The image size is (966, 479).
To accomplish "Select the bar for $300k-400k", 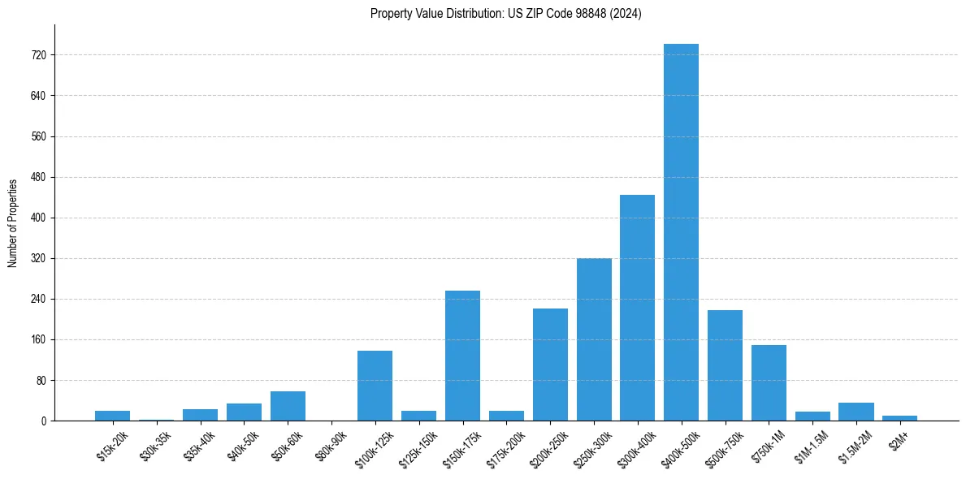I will (x=637, y=308).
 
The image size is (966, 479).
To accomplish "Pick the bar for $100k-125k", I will (x=375, y=386).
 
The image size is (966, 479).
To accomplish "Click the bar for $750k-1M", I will (x=769, y=383).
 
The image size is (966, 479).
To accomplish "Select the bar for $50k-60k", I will (x=288, y=406).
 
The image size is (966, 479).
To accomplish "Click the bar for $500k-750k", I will (x=725, y=365).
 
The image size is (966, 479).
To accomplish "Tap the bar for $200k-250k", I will (x=550, y=365).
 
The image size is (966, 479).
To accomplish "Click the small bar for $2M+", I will (x=899, y=418).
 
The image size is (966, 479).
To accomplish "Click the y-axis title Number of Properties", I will (x=12, y=222).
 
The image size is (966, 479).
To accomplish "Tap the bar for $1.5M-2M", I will (x=856, y=412).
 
